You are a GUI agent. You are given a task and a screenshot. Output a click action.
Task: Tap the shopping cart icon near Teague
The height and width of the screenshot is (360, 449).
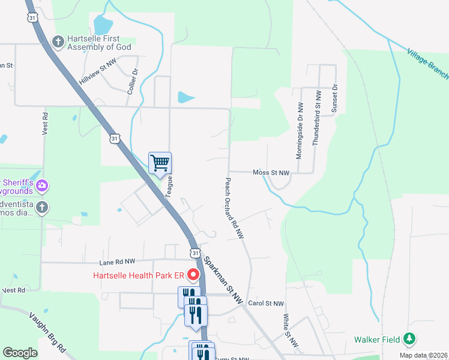160,163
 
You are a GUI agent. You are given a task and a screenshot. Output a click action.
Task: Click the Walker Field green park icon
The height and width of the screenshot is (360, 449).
409,340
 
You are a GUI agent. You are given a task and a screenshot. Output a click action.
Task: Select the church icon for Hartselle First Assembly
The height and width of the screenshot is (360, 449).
58,41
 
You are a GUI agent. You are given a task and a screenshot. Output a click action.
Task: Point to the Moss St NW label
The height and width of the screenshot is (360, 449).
271,173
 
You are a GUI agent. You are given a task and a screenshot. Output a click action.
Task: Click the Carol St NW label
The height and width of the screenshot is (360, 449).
265,304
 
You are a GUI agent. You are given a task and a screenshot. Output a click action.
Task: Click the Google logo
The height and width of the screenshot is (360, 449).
20,353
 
